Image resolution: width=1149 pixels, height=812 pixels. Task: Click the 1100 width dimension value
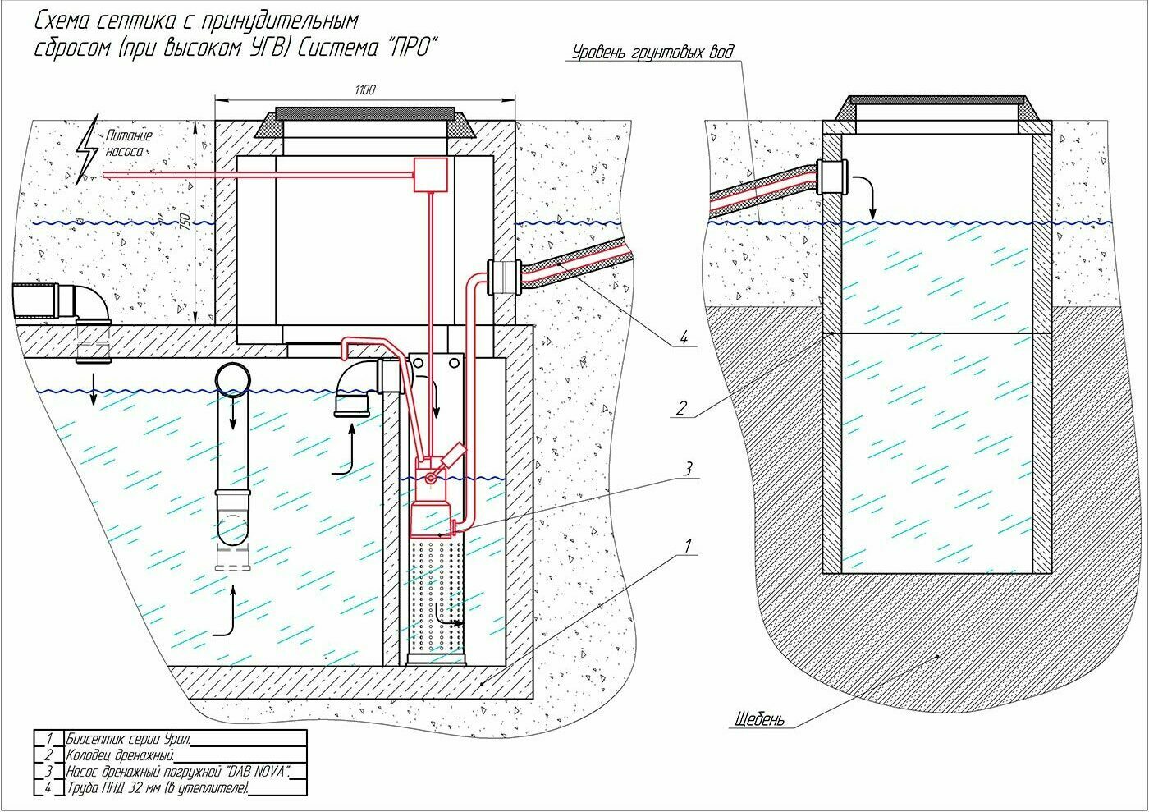364,89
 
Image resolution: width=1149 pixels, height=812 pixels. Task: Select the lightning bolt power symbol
87,149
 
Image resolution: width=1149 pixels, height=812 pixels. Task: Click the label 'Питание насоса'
129,144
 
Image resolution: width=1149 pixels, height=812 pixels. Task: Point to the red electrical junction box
431,175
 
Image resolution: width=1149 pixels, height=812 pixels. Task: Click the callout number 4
683,337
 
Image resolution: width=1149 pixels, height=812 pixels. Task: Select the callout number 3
688,468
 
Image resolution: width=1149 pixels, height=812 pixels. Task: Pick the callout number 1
688,546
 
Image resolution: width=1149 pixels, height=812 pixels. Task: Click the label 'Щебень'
760,719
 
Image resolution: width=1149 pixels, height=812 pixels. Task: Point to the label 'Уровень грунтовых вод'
652,53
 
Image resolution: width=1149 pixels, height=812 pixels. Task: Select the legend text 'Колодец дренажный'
121,755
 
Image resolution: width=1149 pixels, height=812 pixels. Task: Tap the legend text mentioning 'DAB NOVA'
179,772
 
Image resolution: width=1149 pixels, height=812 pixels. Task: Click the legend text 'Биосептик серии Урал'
128,739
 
